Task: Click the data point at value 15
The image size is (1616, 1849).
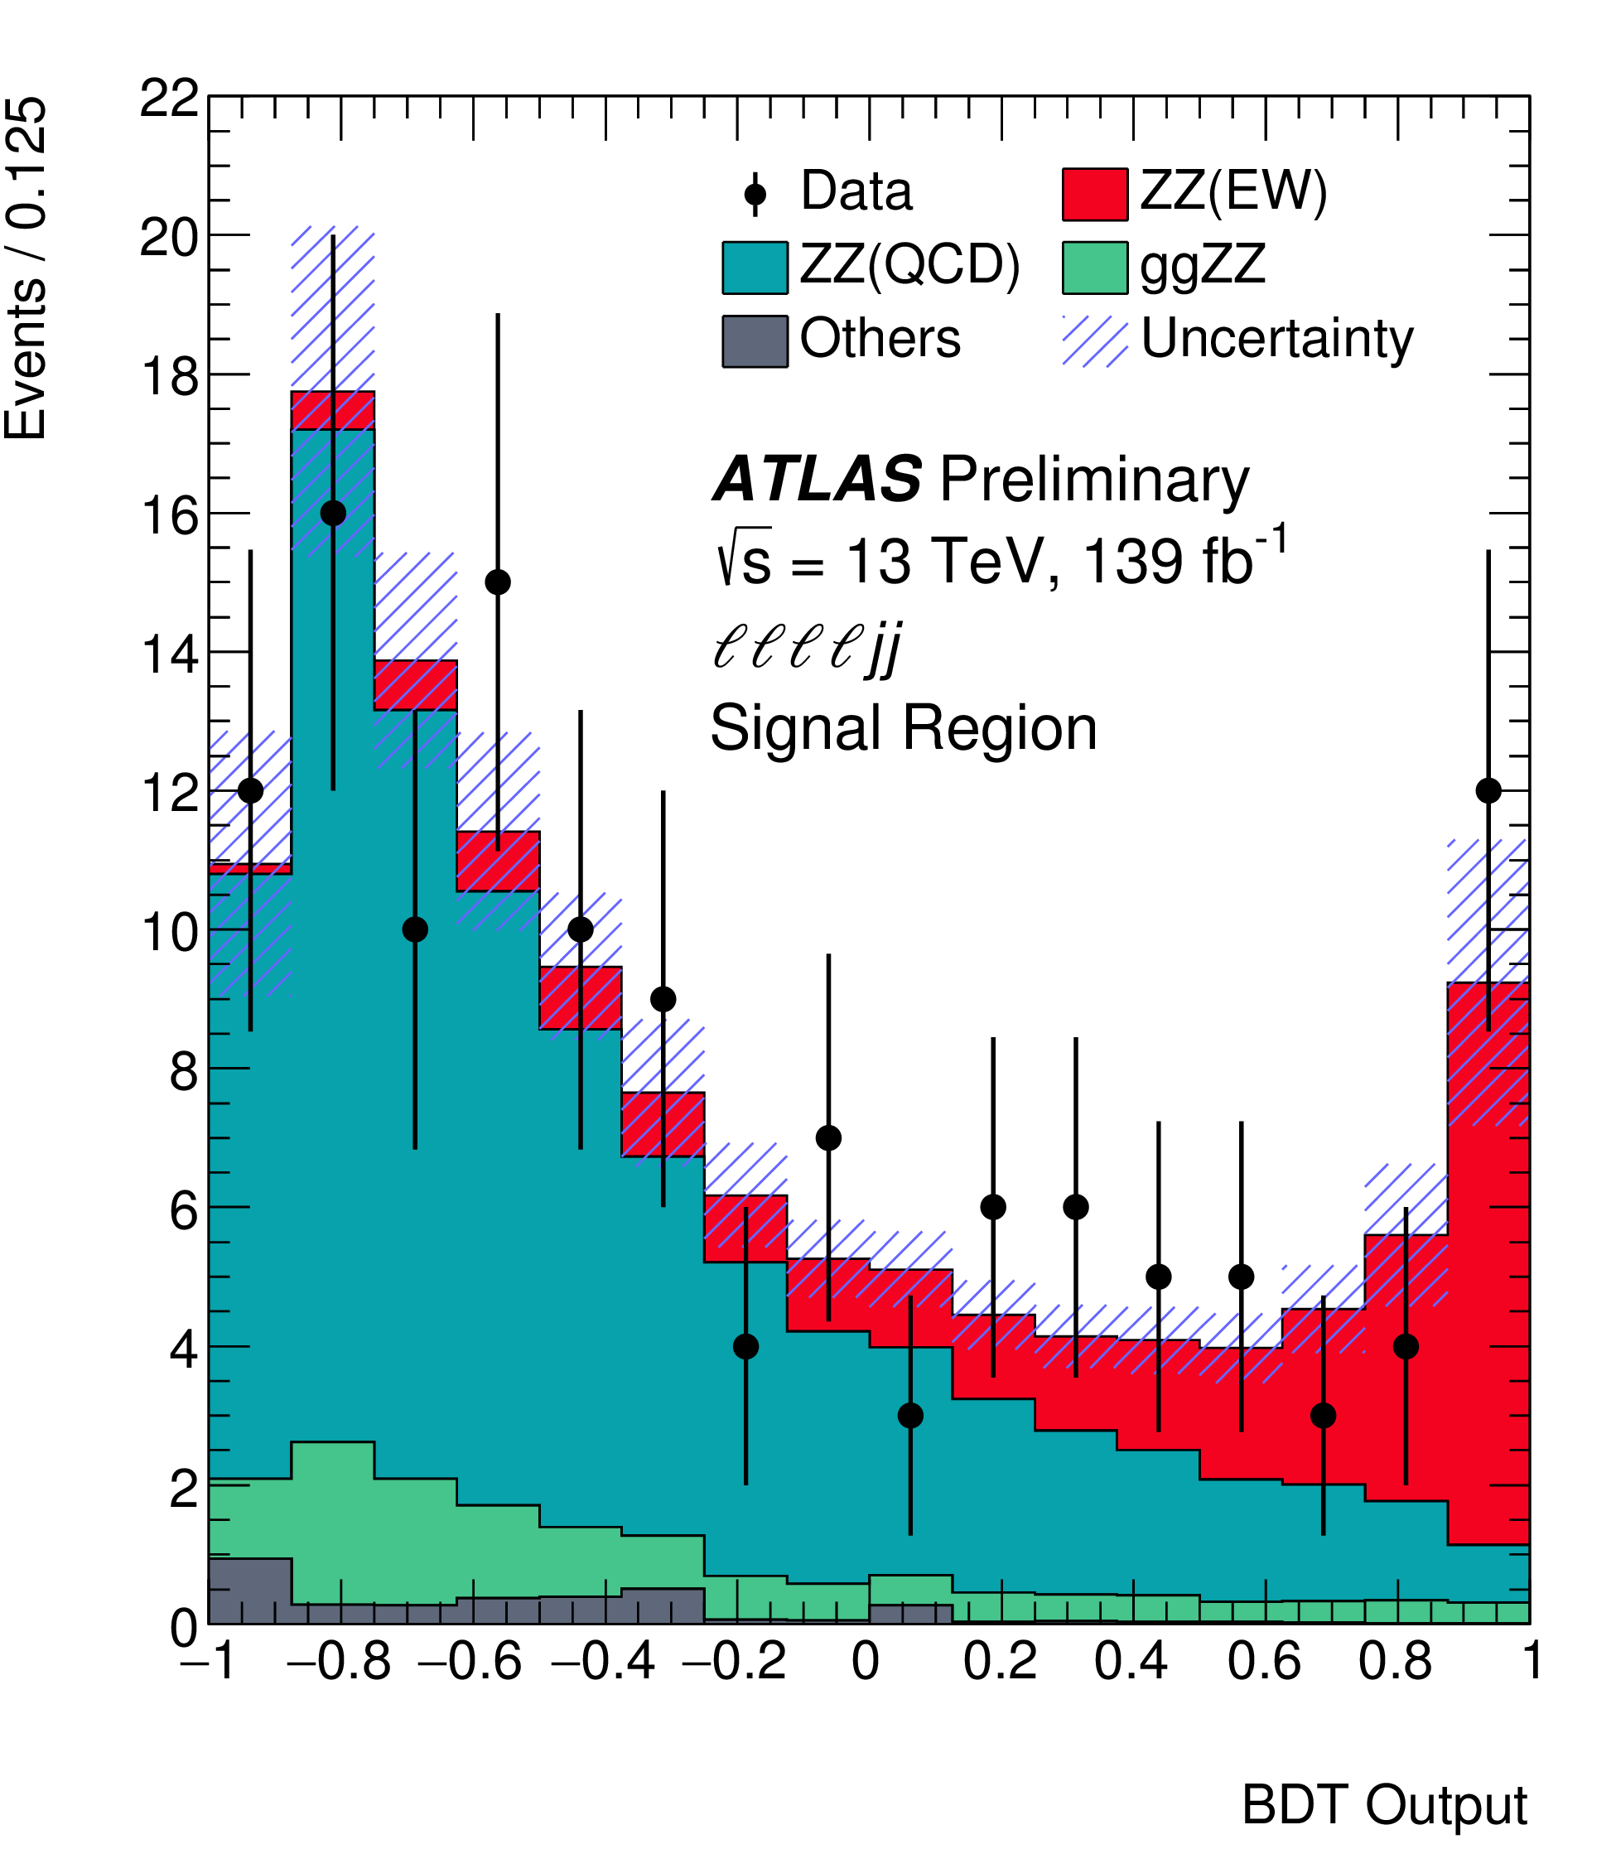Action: pyautogui.click(x=498, y=582)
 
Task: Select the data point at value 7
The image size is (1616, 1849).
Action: pyautogui.click(x=829, y=1138)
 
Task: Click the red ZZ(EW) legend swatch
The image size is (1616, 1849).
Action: pyautogui.click(x=1095, y=194)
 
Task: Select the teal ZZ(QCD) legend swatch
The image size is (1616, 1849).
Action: pyautogui.click(x=755, y=268)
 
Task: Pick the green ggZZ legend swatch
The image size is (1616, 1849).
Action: pyautogui.click(x=1095, y=268)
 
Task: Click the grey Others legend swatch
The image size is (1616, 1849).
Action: pyautogui.click(x=755, y=341)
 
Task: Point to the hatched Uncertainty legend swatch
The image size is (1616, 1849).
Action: pyautogui.click(x=1095, y=341)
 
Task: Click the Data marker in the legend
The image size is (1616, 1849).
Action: pyautogui.click(x=755, y=194)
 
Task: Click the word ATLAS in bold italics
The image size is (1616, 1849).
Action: pyautogui.click(x=817, y=479)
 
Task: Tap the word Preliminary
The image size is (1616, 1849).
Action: pyautogui.click(x=1094, y=479)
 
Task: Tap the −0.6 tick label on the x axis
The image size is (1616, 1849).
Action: pyautogui.click(x=470, y=1662)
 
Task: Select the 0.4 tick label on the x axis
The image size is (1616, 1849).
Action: pyautogui.click(x=1131, y=1662)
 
